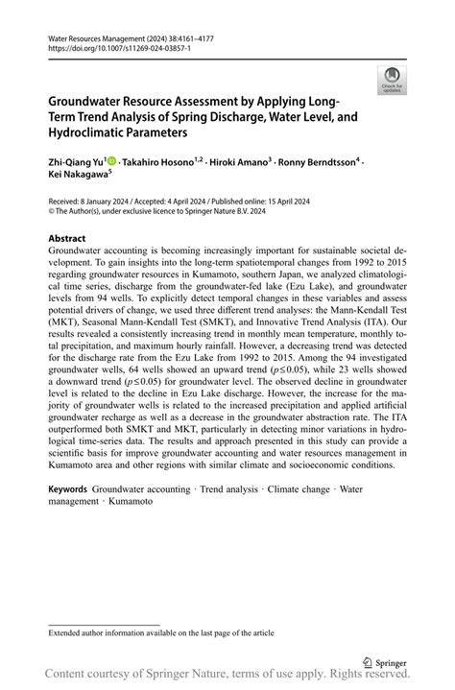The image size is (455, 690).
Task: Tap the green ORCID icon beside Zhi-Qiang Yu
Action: (x=111, y=162)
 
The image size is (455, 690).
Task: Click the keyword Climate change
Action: (x=300, y=488)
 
